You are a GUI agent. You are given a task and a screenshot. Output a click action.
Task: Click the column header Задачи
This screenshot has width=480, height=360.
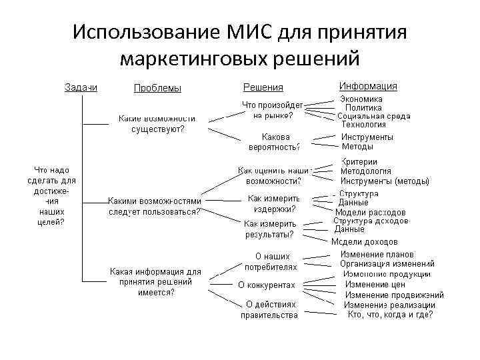pyautogui.click(x=81, y=87)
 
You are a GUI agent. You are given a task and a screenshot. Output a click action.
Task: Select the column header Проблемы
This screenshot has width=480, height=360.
pyautogui.click(x=157, y=88)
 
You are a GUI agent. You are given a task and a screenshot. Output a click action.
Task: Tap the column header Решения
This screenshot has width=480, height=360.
pyautogui.click(x=263, y=87)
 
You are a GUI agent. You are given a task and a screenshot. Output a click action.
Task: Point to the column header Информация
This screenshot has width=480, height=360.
pyautogui.click(x=368, y=86)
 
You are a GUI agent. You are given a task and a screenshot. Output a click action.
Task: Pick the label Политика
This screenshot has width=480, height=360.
pyautogui.click(x=363, y=107)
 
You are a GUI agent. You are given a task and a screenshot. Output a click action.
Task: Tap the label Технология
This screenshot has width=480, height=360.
pyautogui.click(x=364, y=125)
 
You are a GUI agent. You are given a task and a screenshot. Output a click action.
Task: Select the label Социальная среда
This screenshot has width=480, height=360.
pyautogui.click(x=373, y=116)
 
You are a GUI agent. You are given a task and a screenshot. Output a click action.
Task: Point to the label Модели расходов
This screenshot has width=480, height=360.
pyautogui.click(x=370, y=212)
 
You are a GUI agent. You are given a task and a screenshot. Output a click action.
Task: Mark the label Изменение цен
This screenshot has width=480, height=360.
pyautogui.click(x=375, y=284)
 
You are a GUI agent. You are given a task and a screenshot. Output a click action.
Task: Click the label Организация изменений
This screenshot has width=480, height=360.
pyautogui.click(x=387, y=263)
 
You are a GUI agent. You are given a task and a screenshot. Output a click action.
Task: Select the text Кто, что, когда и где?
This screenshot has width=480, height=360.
pyautogui.click(x=390, y=315)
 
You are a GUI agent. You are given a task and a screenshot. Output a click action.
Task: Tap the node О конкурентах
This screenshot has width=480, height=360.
pyautogui.click(x=267, y=285)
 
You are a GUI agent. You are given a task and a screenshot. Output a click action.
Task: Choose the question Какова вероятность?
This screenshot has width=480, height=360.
pyautogui.click(x=274, y=141)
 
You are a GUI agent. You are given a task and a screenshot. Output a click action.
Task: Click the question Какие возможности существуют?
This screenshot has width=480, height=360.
pyautogui.click(x=157, y=124)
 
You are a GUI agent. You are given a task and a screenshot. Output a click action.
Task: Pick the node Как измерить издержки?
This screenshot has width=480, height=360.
pyautogui.click(x=273, y=203)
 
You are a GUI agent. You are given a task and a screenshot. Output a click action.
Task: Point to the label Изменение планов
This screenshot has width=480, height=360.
pyautogui.click(x=377, y=254)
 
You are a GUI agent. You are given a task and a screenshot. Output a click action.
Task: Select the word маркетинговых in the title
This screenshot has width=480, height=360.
pyautogui.click(x=194, y=59)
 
